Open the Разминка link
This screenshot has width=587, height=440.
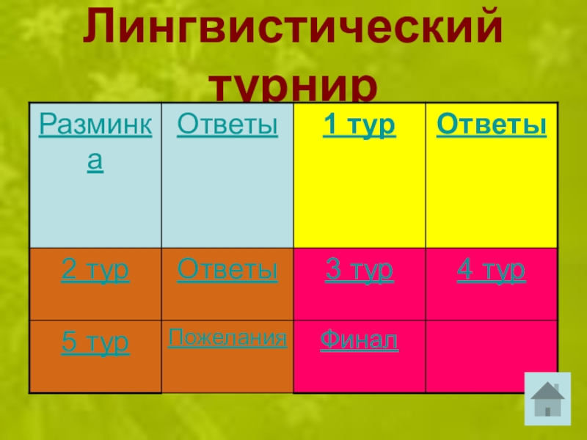click(x=95, y=126)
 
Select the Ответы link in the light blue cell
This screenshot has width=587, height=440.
click(x=227, y=126)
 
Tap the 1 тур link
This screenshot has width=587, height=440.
click(x=360, y=126)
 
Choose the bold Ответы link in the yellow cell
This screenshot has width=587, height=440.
click(x=492, y=126)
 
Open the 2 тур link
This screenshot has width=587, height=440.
click(x=95, y=271)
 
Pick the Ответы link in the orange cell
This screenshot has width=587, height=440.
click(x=227, y=271)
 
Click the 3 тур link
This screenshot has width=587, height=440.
click(x=360, y=271)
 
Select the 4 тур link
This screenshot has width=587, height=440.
click(x=492, y=271)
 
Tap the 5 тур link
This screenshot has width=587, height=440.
click(x=95, y=342)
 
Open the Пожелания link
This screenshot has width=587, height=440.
click(x=227, y=338)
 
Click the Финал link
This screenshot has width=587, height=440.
click(x=360, y=340)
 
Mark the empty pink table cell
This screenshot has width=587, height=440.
click(x=492, y=356)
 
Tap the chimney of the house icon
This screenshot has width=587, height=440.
click(x=558, y=388)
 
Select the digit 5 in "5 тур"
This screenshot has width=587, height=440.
click(x=68, y=342)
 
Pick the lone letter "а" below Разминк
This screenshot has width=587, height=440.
click(x=95, y=162)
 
